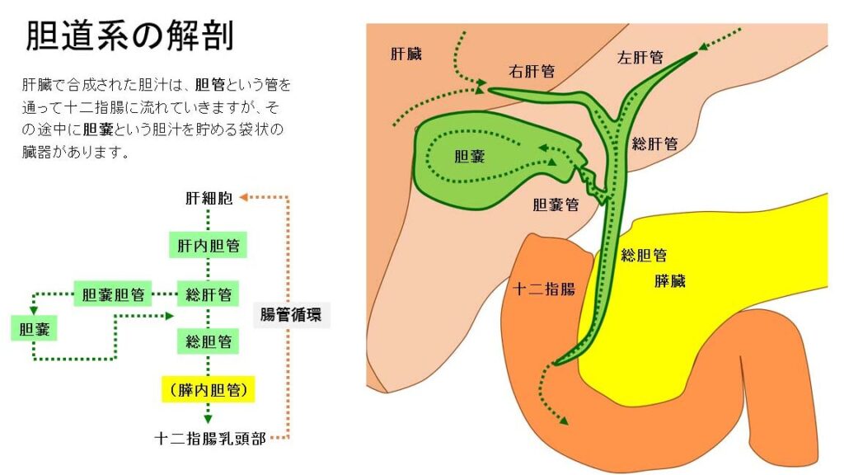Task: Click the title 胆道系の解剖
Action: click(x=129, y=36)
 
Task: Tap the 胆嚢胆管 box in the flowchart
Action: click(x=114, y=294)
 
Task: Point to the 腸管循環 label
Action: click(x=290, y=314)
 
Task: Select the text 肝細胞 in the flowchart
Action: click(x=209, y=198)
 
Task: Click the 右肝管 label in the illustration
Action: click(x=532, y=71)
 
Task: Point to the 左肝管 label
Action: click(x=640, y=58)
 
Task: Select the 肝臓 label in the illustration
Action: click(x=406, y=54)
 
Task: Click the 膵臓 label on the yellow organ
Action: click(x=669, y=281)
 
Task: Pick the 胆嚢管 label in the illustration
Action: click(x=555, y=205)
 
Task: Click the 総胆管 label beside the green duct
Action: click(x=644, y=255)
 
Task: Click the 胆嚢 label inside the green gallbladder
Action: click(x=469, y=156)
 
